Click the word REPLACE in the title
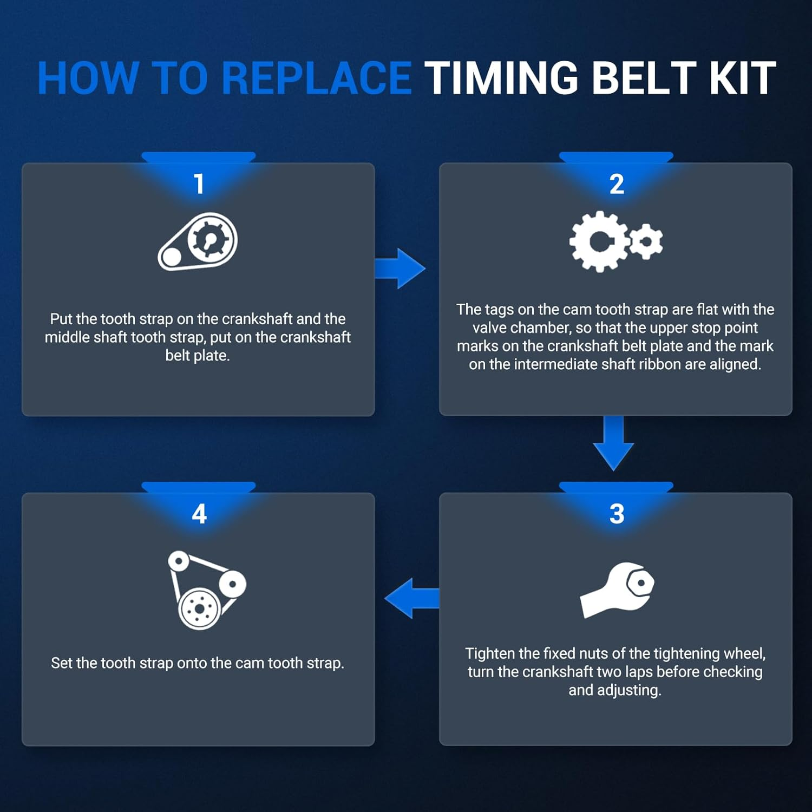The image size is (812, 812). (317, 78)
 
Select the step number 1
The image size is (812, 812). (199, 184)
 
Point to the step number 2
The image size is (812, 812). (617, 184)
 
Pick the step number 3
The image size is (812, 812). (617, 514)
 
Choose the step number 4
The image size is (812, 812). (199, 514)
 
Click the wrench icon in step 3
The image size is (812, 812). (617, 590)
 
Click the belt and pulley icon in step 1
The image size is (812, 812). (198, 241)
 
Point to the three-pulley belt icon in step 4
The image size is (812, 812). (206, 590)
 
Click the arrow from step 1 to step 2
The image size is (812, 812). (400, 269)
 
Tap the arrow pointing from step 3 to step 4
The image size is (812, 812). (411, 598)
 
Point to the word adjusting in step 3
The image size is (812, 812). (630, 691)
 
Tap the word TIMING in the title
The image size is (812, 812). (502, 78)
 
